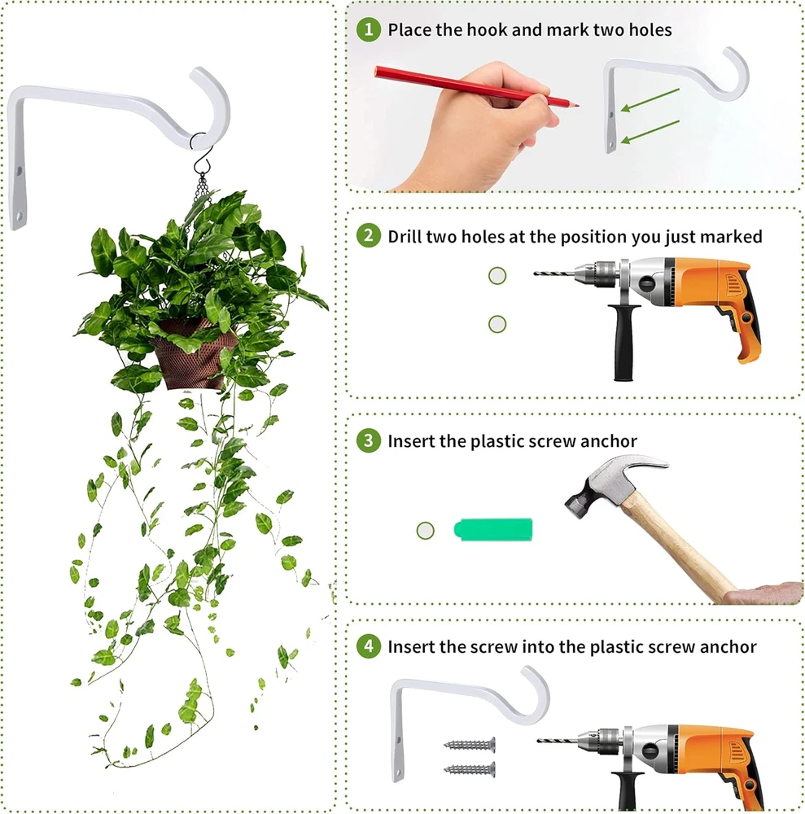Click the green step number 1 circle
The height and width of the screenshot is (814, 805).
[369, 29]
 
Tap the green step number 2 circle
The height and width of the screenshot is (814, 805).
[369, 235]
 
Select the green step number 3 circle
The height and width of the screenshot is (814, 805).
[369, 440]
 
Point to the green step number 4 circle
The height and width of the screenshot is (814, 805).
[369, 646]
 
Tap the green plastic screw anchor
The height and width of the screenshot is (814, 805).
[493, 529]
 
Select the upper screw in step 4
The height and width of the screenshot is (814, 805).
[469, 745]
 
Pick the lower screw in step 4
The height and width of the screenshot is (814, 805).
[469, 769]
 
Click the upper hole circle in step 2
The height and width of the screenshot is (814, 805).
[497, 276]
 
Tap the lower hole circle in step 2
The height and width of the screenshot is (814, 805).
[497, 324]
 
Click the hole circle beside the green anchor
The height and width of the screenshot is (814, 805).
[425, 530]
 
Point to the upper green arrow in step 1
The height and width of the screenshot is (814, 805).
[650, 99]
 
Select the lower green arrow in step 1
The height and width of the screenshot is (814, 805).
[650, 131]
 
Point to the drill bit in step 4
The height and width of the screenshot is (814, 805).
[557, 739]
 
